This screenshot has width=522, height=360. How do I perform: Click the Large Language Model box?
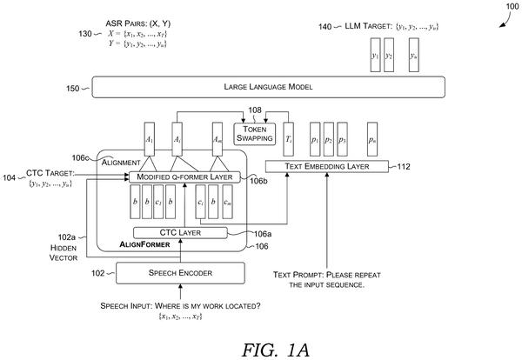coord(268,87)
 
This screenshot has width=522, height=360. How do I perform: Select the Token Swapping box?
coord(255,134)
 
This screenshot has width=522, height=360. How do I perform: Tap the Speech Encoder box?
coord(180,273)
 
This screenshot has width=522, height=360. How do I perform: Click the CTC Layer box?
coord(180,233)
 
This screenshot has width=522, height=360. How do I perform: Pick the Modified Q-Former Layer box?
coord(184,177)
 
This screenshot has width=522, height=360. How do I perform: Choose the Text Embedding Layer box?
coord(327,166)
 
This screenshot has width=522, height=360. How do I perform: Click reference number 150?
coord(72,89)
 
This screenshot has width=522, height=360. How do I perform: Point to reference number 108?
coord(255,110)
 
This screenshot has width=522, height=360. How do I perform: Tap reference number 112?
coord(404,166)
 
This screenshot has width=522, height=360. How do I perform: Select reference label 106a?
coord(263,234)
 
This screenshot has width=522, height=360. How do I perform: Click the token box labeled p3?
coord(342,139)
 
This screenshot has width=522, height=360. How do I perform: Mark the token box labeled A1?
coord(150,139)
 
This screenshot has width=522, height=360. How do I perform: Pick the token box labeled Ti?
coord(288,139)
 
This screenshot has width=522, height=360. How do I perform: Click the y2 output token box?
coord(389,55)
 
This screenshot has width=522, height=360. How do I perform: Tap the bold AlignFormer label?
coord(144,244)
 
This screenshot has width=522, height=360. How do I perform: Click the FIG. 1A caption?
coord(276,350)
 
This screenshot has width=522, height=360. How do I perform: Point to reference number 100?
coord(512,6)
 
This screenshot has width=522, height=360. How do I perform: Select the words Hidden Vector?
coord(64,253)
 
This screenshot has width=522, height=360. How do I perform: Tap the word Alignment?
coord(121,163)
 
